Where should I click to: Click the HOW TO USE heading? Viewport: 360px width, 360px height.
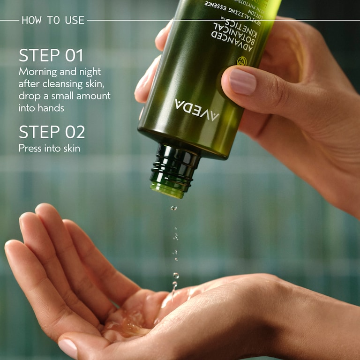click(53, 20)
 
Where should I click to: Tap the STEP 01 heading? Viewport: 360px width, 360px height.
click(51, 55)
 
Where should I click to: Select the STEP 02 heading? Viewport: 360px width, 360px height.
click(52, 132)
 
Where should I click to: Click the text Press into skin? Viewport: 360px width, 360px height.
click(49, 148)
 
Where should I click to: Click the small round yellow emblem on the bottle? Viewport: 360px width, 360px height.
click(241, 61)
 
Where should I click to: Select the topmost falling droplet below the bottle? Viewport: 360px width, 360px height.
click(174, 208)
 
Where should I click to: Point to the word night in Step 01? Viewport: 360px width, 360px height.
click(90, 72)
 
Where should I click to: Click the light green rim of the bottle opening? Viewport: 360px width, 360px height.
click(167, 190)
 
